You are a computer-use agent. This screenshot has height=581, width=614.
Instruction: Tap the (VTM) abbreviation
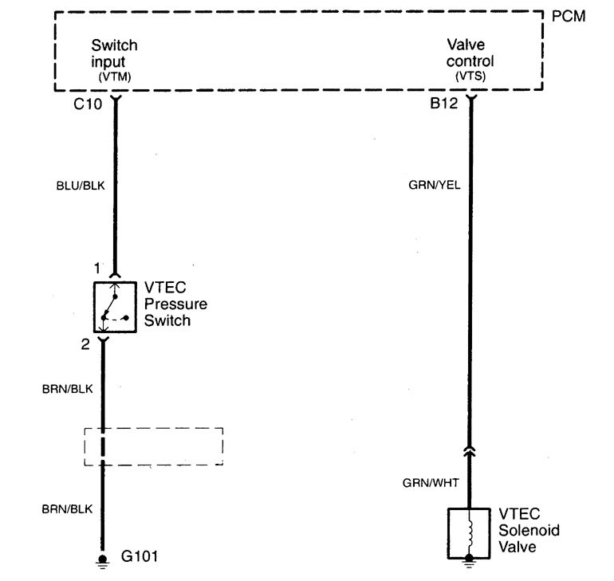click(114, 77)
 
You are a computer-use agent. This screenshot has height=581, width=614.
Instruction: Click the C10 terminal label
click(89, 103)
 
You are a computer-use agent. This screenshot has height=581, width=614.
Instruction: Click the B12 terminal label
click(443, 103)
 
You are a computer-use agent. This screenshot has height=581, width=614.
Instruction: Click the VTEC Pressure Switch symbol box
click(114, 306)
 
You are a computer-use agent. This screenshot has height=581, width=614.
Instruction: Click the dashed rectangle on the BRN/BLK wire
click(153, 446)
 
